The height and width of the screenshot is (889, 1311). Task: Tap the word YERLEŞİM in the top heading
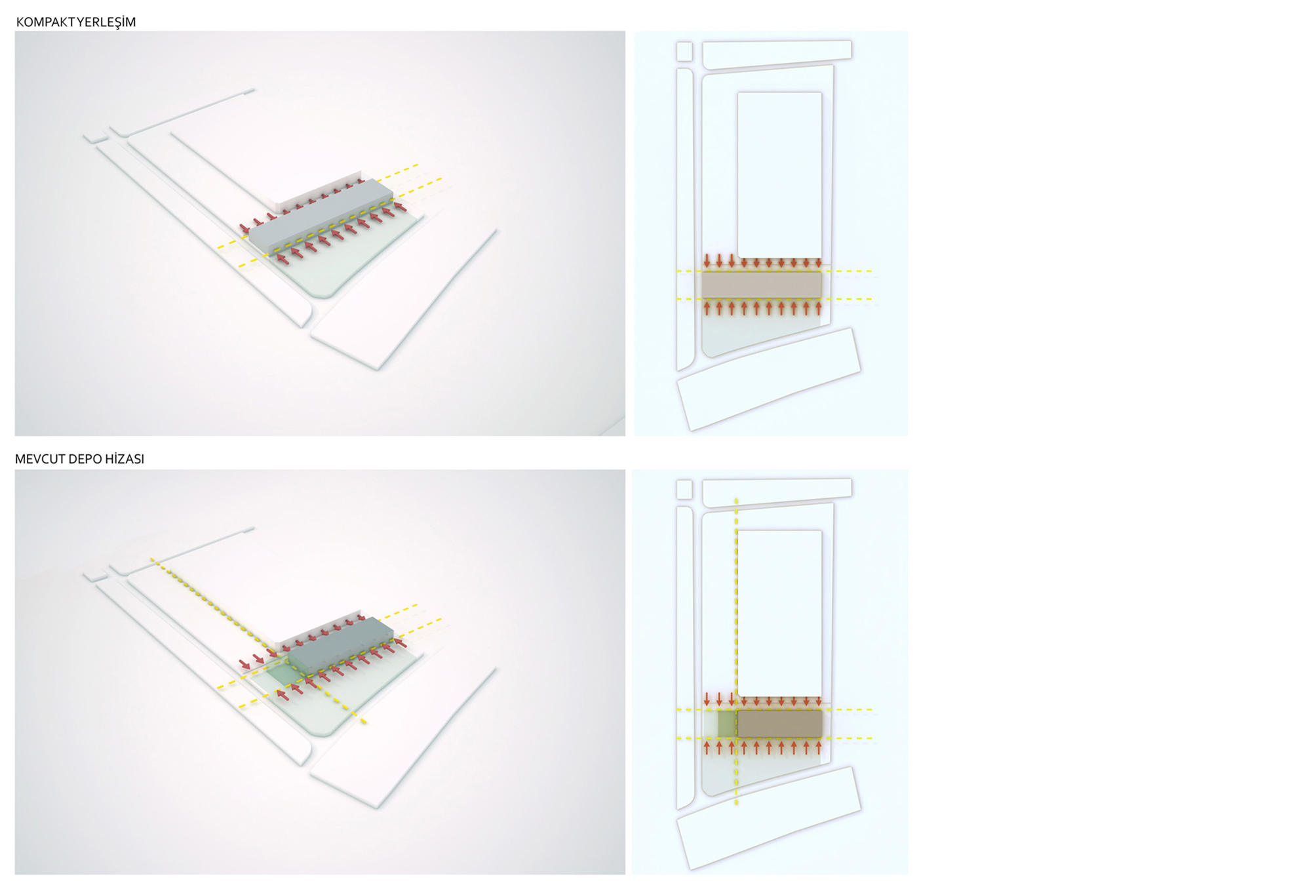(x=106, y=22)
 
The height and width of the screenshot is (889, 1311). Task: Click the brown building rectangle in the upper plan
(x=762, y=285)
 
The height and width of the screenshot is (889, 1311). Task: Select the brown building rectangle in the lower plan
(x=779, y=724)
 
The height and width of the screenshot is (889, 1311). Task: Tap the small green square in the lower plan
(x=726, y=724)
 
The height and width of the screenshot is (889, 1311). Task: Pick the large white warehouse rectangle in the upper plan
(x=779, y=175)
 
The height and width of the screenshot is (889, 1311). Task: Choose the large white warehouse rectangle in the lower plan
(x=779, y=614)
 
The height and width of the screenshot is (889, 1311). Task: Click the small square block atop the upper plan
(x=684, y=51)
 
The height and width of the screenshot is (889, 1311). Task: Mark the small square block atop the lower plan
(x=684, y=489)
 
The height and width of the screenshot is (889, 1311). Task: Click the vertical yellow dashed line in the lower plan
(x=736, y=651)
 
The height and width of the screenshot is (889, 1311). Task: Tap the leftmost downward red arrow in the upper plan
(x=707, y=261)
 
